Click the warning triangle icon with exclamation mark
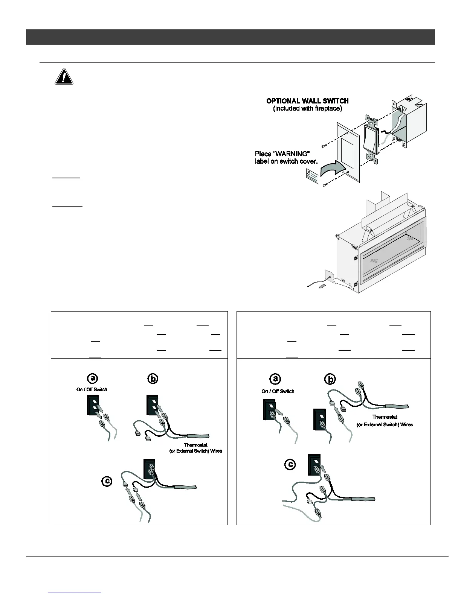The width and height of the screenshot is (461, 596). coord(64,76)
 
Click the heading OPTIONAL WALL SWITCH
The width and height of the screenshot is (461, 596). coord(307,101)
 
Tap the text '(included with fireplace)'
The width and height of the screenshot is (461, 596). coord(307,109)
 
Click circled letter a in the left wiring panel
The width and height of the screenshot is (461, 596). coord(92,378)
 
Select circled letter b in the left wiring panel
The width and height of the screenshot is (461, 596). coord(153,379)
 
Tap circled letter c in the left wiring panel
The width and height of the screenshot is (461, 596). coord(107,481)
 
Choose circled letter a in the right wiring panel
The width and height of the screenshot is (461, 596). coord(275,379)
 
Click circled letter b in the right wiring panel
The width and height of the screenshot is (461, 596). coord(330,379)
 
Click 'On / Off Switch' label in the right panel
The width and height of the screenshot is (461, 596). coord(278,391)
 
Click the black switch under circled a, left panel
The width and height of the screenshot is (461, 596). coord(93,405)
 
